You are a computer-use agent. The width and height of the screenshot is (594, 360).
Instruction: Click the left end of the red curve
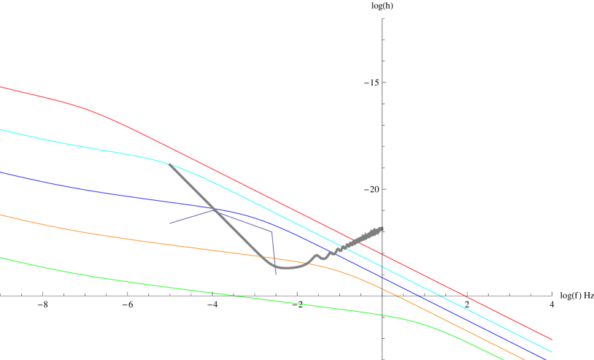coord(1,87)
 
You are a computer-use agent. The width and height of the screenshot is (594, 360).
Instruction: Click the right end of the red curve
coord(552,340)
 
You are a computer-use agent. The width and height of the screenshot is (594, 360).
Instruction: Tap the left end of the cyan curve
coord(1,130)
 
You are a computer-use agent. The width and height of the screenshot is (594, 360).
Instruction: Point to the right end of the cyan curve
coord(552,352)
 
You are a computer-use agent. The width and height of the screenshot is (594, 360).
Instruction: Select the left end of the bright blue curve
coord(1,172)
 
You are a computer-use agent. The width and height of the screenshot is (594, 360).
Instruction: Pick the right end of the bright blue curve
coord(547,359)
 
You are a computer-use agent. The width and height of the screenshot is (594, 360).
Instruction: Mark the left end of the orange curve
coord(1,215)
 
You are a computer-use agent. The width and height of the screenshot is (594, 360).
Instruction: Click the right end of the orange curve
coord(525,359)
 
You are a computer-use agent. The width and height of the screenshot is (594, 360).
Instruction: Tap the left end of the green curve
coord(1,257)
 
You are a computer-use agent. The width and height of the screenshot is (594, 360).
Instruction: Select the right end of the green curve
coord(504,359)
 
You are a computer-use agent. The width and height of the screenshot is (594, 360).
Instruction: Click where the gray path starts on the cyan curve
coord(169,164)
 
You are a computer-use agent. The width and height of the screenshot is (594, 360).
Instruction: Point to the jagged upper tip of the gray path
coord(382,229)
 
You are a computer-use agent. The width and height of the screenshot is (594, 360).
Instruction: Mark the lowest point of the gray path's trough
coord(285,268)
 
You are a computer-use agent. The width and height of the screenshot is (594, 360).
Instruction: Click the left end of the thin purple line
coord(170,223)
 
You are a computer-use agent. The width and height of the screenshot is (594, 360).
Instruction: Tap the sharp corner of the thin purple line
coord(271,231)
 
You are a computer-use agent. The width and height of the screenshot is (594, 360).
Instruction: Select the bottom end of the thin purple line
coord(276,275)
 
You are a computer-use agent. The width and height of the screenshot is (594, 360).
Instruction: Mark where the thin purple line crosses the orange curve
coord(274,258)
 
